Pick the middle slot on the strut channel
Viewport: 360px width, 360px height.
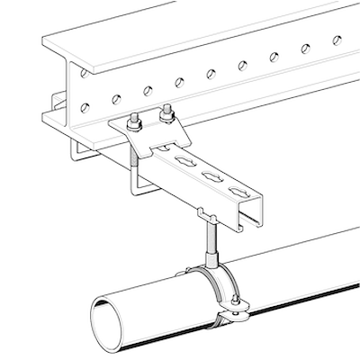[x=212, y=175]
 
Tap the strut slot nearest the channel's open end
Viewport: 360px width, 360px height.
[x=239, y=191]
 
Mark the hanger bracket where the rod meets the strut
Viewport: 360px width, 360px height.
[x=206, y=214]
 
